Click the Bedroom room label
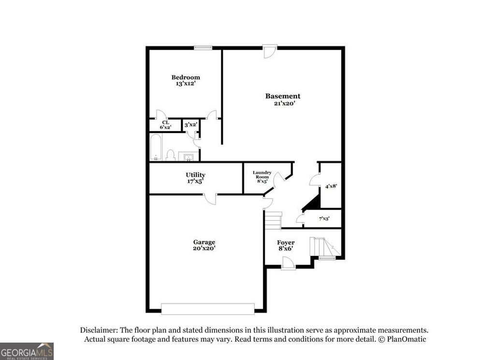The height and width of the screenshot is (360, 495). pos(186,77)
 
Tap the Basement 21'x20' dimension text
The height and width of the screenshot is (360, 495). pos(283,104)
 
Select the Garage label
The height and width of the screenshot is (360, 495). pos(204,242)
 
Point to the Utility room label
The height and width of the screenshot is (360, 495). pos(195,175)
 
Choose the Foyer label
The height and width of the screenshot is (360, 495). pos(286,242)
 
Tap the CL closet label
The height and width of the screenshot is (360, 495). pos(165,122)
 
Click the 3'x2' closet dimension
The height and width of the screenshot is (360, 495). pos(190,125)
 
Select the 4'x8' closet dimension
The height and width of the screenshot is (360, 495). pos(331,186)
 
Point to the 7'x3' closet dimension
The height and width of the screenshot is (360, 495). pos(324,219)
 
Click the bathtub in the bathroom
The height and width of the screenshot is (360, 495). pos(156,147)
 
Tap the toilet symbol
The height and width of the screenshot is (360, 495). pos(170,155)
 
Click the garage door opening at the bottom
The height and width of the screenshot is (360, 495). pos(207,308)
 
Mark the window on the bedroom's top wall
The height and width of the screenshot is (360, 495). pos(203,47)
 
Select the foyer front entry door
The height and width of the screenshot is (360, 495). pos(288,263)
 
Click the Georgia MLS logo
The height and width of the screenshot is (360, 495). pos(27,351)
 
